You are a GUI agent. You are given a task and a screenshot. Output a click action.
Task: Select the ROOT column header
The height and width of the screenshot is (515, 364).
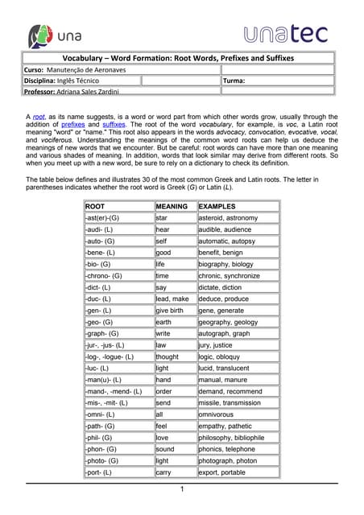pos(94,206)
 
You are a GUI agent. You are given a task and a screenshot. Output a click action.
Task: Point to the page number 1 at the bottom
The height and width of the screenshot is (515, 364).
pos(182,489)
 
